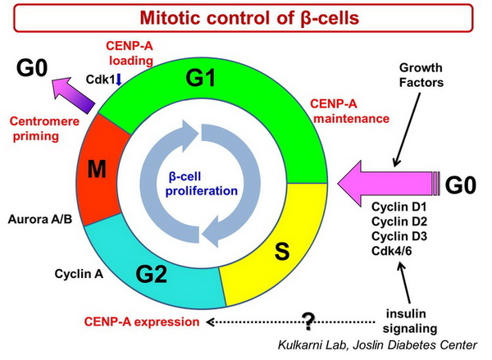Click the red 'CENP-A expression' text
pyautogui.click(x=148, y=321)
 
